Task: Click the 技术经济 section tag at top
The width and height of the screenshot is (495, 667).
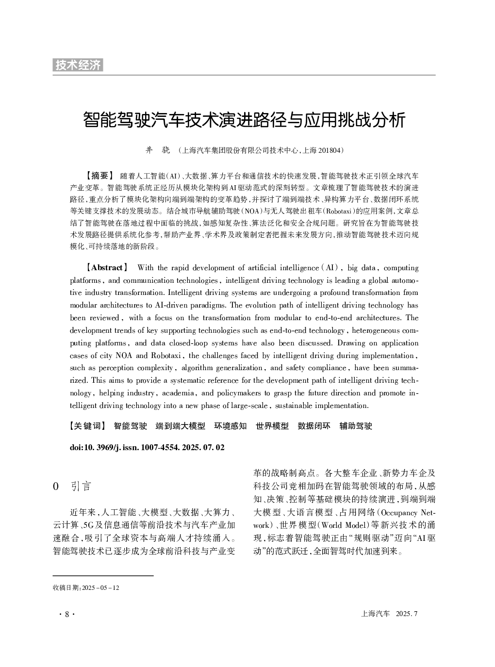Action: click(x=78, y=65)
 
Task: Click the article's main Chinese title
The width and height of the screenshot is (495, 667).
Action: click(x=244, y=120)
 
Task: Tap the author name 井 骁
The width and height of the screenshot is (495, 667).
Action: click(x=158, y=150)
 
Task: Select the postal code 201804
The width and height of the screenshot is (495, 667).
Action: click(x=329, y=151)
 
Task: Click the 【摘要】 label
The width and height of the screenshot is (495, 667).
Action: click(x=99, y=175)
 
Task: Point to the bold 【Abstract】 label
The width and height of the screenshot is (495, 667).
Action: click(x=107, y=268)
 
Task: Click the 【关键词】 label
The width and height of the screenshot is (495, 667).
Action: click(x=88, y=426)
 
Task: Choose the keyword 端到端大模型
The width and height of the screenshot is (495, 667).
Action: click(x=180, y=426)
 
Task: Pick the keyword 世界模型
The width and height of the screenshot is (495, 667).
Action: click(x=272, y=426)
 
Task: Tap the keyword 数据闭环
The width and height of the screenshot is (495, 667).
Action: click(x=314, y=426)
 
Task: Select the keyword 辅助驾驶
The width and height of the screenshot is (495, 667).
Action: click(x=356, y=426)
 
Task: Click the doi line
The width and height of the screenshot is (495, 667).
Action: click(x=147, y=447)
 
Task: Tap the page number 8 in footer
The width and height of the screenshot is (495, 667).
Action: click(x=67, y=614)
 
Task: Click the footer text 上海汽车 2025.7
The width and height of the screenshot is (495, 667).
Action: click(x=390, y=614)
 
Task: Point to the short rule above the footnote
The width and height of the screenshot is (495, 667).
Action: click(x=103, y=576)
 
